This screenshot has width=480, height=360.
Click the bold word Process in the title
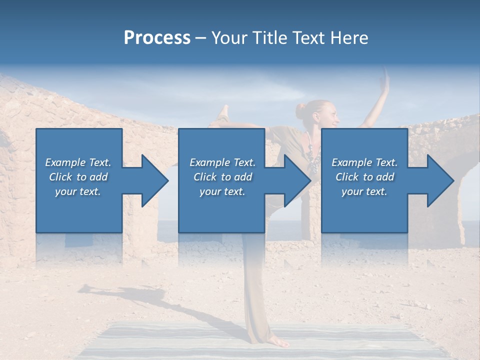tap(157, 38)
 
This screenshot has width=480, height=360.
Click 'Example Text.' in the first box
tap(78, 162)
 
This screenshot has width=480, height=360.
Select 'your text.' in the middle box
tap(222, 191)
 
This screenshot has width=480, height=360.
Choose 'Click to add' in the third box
tap(364, 177)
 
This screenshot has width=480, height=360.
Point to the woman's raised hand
tap(385, 80)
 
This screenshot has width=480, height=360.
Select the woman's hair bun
tap(300, 110)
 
